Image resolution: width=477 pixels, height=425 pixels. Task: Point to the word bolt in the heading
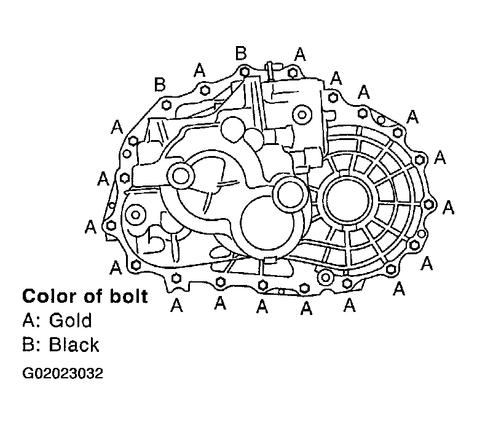(126, 297)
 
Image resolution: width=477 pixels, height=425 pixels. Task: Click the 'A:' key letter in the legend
(30, 321)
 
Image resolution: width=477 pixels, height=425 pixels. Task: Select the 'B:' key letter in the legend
(30, 345)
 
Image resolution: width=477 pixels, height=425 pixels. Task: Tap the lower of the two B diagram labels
(160, 85)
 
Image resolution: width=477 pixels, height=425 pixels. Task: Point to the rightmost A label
(449, 208)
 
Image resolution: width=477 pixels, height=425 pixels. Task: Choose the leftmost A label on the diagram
(90, 227)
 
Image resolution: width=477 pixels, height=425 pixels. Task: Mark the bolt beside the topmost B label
(245, 72)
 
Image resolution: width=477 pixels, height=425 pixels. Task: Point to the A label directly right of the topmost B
(299, 54)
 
